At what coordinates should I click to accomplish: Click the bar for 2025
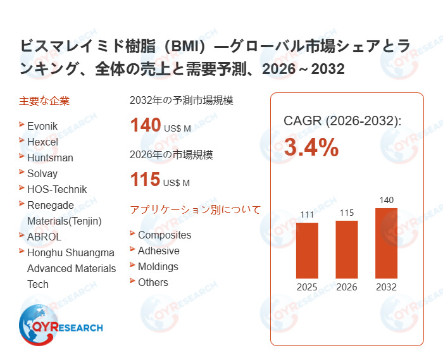307,250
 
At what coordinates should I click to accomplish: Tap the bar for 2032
386,243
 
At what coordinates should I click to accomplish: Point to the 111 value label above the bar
307,215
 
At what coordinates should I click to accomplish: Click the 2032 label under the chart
386,287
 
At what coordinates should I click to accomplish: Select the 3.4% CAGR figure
311,147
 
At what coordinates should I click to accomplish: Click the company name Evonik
42,126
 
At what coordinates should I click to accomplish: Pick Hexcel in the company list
42,142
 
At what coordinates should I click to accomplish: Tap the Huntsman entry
50,158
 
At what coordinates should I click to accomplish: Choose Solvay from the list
42,173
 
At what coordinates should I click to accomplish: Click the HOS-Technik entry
57,189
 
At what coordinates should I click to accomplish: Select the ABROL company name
44,237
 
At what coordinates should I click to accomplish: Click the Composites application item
165,235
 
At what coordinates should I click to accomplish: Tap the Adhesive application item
159,251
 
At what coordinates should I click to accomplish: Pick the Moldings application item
158,266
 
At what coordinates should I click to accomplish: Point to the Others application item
153,282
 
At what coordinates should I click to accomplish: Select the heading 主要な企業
44,101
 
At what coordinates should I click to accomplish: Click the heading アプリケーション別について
195,209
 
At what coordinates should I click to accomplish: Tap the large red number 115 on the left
145,180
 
